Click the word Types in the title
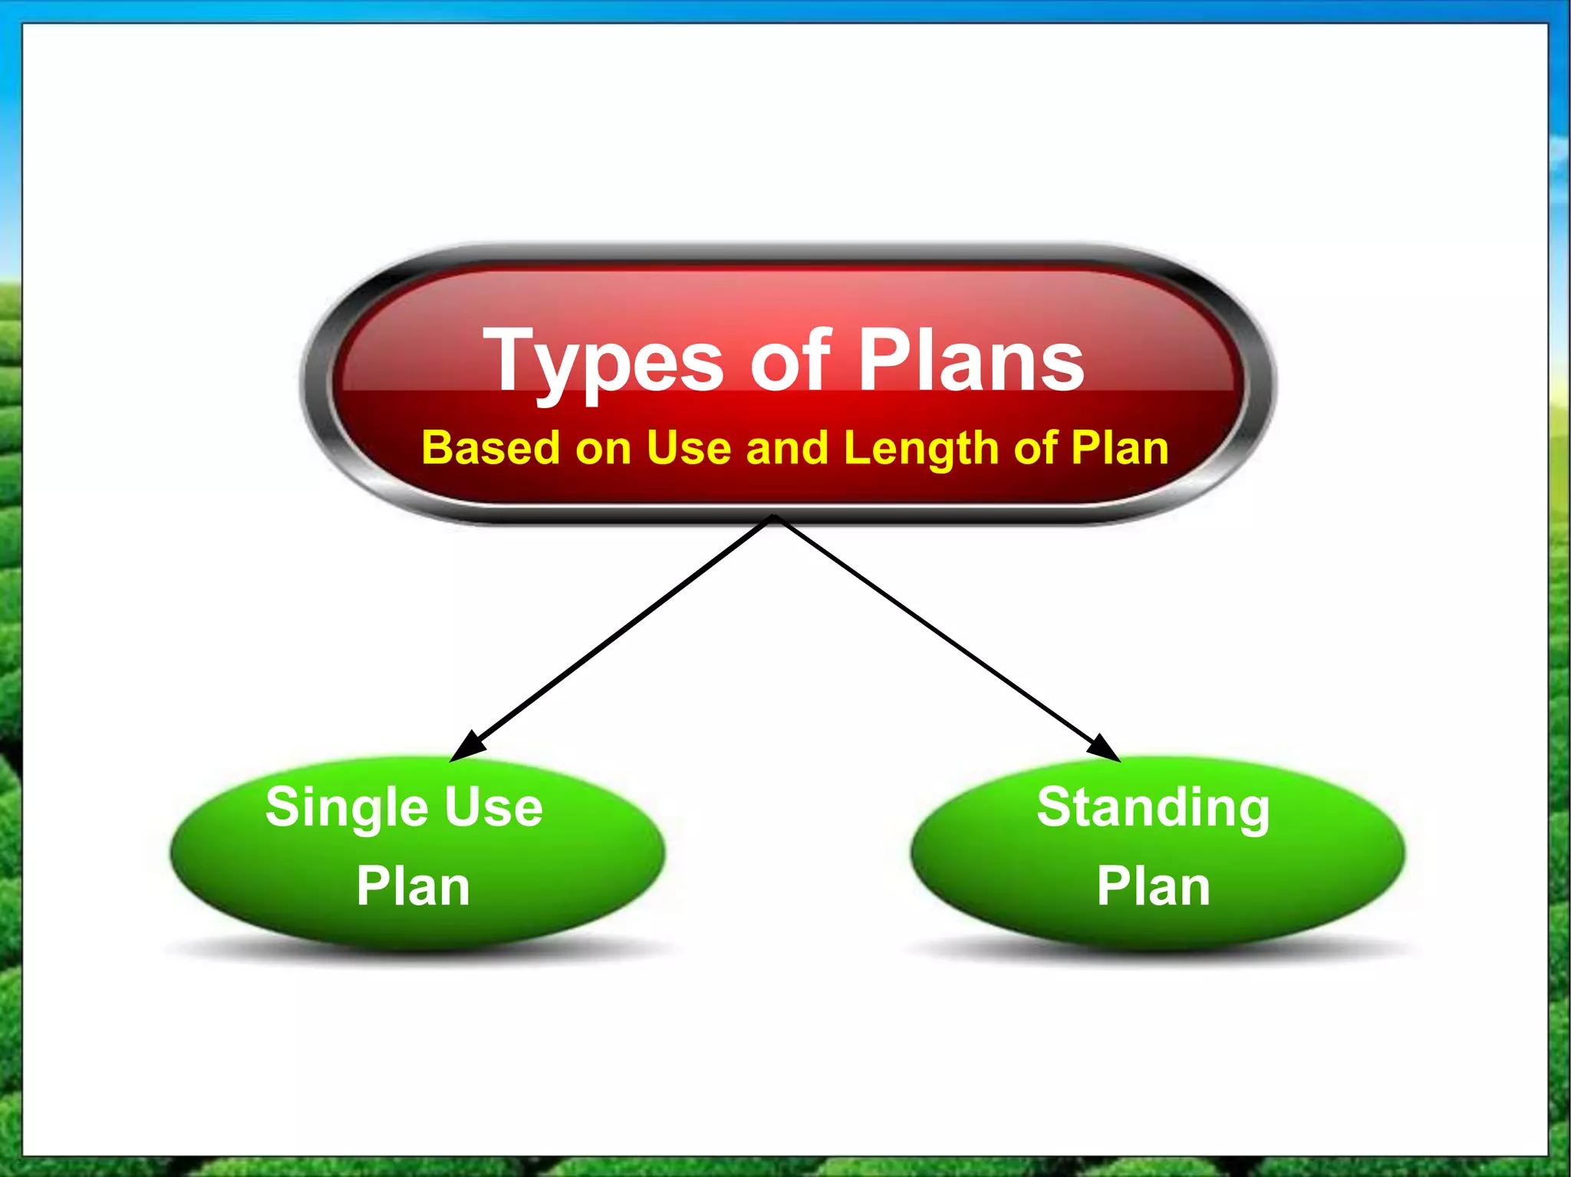[603, 361]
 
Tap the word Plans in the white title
[970, 359]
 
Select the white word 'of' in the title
[791, 359]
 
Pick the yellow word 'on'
[603, 449]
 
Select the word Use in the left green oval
[493, 807]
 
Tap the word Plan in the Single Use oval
[413, 887]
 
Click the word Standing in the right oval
[1153, 809]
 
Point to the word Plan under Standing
[1153, 887]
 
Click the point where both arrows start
[775, 518]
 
